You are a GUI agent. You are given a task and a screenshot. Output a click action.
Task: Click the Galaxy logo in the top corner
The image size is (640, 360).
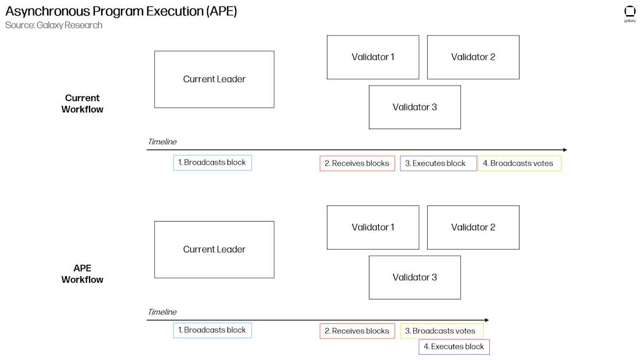point(630,13)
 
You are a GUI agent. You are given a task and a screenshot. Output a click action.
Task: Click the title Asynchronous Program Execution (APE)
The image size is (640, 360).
point(121,11)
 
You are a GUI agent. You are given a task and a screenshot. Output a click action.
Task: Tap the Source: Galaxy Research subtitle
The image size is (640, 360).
point(54,25)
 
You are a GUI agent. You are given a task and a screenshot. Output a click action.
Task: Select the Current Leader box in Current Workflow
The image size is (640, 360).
point(214,79)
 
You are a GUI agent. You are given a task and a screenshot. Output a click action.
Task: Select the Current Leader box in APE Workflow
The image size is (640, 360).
point(214,249)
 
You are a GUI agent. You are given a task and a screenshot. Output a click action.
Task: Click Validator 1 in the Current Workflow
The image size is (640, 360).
point(373,57)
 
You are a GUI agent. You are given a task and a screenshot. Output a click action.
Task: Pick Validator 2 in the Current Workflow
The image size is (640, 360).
point(473,57)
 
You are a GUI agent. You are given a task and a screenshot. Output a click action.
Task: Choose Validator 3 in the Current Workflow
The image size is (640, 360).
point(414,107)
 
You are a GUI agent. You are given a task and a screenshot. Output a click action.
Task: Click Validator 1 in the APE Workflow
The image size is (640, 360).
point(373,227)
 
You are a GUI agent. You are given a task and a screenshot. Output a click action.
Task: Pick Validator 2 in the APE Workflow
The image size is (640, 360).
point(473,227)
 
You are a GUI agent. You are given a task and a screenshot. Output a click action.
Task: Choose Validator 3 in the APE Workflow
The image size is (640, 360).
point(414,277)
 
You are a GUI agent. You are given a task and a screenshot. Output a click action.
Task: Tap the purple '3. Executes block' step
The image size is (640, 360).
point(438,163)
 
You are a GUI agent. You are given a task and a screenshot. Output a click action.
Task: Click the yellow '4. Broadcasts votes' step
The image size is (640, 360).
point(520,163)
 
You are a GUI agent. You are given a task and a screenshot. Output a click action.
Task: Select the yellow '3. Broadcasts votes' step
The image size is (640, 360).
point(442,331)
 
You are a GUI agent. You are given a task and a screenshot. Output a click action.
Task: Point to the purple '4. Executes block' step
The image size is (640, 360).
point(454,347)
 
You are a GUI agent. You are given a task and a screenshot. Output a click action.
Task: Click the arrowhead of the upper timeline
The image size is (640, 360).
point(564,150)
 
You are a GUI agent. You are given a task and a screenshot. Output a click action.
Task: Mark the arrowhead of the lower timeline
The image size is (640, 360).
point(486,320)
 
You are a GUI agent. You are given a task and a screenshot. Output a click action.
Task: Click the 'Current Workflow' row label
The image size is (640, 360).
point(82,104)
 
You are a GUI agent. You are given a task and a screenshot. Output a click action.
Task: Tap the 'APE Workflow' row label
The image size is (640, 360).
point(82,274)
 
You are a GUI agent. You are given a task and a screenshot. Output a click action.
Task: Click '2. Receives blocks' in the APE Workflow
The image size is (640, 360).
point(357,331)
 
